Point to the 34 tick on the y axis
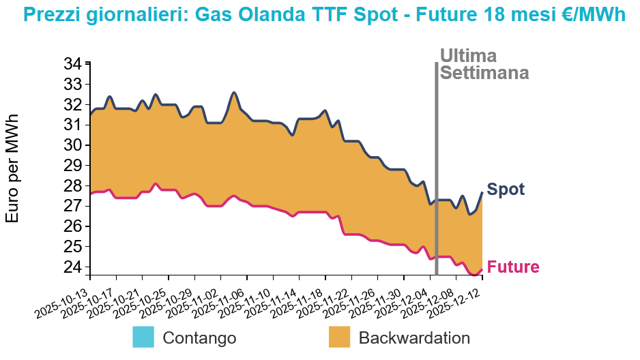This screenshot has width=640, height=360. [x=72, y=64]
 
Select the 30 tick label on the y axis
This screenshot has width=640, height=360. [x=72, y=145]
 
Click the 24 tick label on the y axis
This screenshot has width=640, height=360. [x=72, y=267]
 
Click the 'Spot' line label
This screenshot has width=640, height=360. [x=506, y=190]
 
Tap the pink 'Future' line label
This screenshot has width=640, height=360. [x=514, y=267]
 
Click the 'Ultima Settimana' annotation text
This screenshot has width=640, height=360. [x=484, y=64]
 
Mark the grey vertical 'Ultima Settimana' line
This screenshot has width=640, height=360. [x=436, y=170]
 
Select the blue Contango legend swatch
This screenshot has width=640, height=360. [x=144, y=337]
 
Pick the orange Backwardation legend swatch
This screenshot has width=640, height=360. [x=339, y=337]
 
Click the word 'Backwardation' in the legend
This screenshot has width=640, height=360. [x=414, y=337]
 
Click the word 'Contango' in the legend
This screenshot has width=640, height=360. [x=200, y=337]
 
